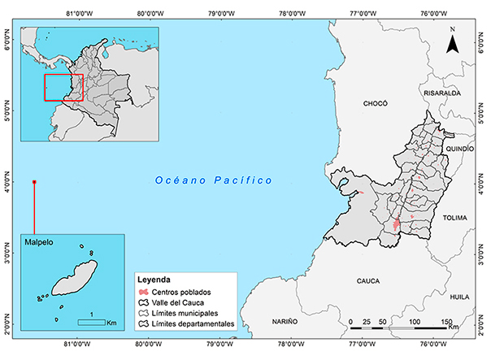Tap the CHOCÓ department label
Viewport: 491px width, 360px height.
(x=376, y=104)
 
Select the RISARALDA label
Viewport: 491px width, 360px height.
(x=442, y=93)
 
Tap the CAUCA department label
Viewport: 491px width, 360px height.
(x=368, y=280)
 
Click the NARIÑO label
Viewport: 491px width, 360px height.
(x=286, y=322)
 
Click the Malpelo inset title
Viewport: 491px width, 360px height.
(x=40, y=242)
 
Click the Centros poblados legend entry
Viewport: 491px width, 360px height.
(x=180, y=291)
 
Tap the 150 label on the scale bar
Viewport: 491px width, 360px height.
(x=447, y=323)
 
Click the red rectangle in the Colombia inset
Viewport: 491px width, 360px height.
(x=63, y=87)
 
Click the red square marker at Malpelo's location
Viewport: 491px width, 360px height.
(x=34, y=182)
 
